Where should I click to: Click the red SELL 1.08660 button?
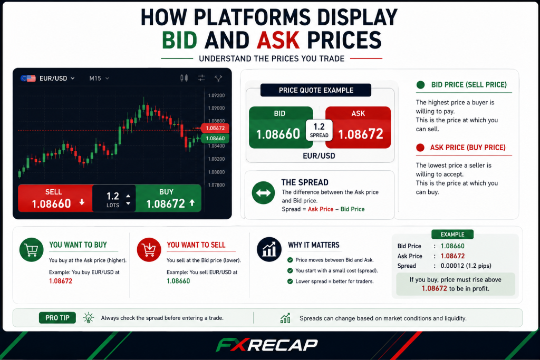[55, 198]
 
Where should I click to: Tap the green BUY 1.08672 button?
[168, 198]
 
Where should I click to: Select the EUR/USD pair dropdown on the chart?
[47, 79]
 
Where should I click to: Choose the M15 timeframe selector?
[99, 79]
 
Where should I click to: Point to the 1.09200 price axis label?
[216, 95]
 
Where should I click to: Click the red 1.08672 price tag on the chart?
[215, 128]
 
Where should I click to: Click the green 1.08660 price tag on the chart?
[215, 138]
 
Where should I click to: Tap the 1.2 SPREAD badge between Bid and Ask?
[319, 130]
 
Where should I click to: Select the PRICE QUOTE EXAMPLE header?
[316, 90]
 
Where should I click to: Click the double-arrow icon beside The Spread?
[264, 193]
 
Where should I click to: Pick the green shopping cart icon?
[31, 250]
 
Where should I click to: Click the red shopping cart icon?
[149, 250]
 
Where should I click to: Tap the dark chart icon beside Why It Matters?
[269, 249]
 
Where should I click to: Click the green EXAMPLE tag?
[452, 235]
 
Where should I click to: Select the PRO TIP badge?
[57, 318]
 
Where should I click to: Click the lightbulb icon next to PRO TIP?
[89, 318]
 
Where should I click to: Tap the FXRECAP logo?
[267, 345]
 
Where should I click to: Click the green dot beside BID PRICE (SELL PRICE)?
[420, 85]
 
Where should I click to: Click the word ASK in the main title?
[278, 40]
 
